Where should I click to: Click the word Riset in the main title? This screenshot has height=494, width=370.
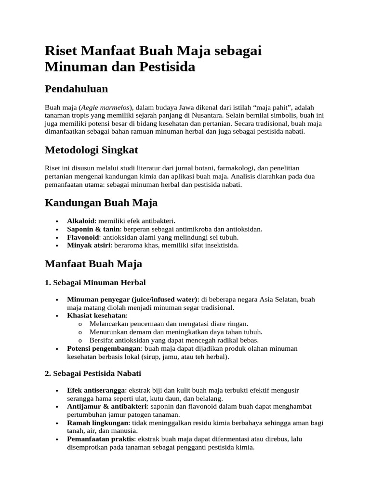[x=62, y=51]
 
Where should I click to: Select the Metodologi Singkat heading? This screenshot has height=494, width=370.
[x=91, y=150]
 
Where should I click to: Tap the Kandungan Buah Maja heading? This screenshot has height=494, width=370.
[x=101, y=203]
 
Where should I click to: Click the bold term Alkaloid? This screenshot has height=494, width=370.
[x=81, y=221]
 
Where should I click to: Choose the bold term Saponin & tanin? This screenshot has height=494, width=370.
[x=93, y=229]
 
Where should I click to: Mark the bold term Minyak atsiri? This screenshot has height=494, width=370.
[x=89, y=245]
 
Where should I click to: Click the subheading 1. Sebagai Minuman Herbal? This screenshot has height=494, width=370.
[x=95, y=282]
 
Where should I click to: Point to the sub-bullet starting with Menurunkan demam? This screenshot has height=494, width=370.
[x=176, y=332]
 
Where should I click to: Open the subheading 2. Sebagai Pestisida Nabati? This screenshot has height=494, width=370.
[x=93, y=374]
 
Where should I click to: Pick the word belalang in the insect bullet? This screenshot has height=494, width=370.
[x=210, y=398]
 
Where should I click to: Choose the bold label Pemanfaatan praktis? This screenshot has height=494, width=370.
[x=102, y=439]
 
